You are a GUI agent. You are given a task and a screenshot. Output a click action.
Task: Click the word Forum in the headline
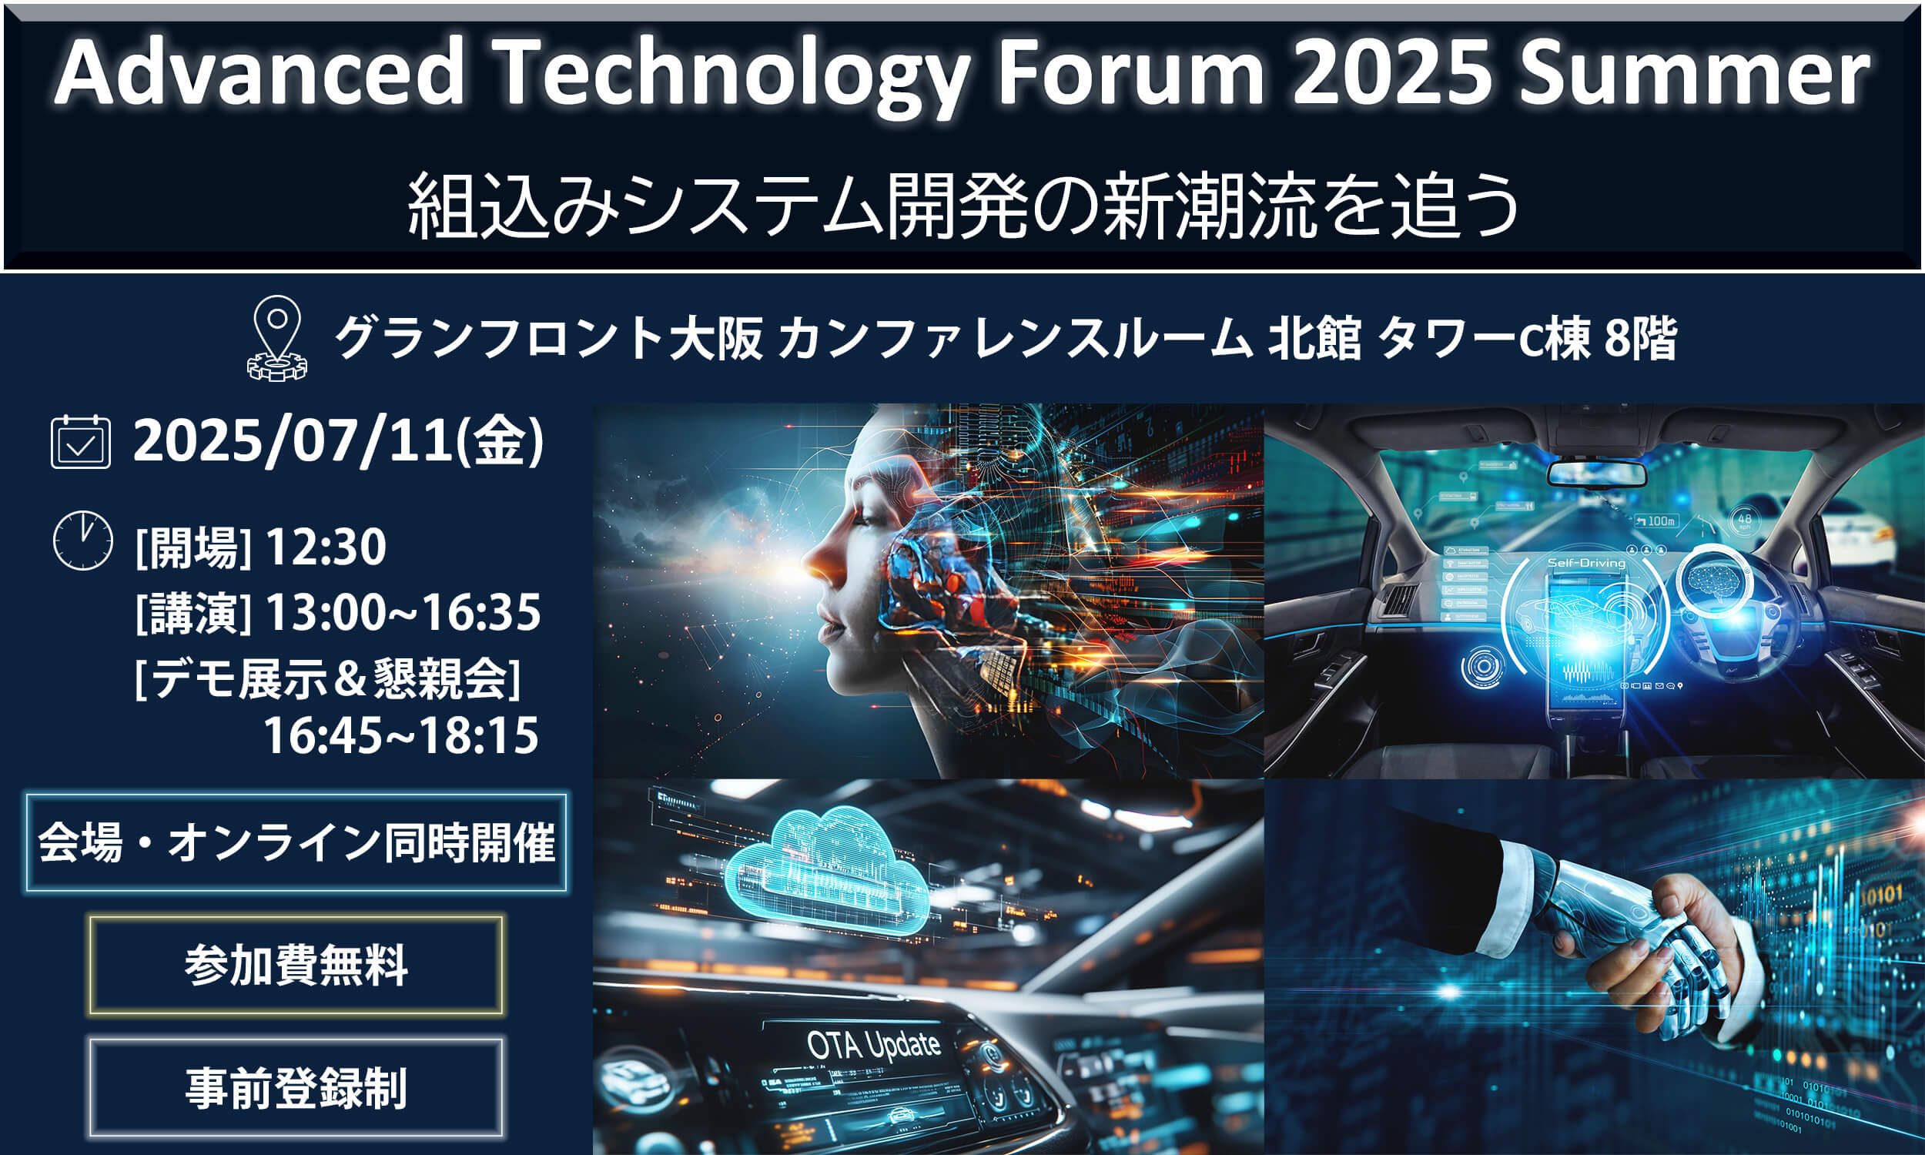[x=1132, y=74]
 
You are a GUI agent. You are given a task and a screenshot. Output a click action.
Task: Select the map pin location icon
[x=277, y=338]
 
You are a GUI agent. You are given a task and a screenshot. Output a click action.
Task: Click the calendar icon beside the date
[x=81, y=442]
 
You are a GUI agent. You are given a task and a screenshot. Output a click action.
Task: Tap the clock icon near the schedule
[x=82, y=541]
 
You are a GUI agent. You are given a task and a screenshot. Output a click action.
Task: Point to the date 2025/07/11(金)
[x=339, y=442]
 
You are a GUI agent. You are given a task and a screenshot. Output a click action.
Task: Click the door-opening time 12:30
[x=325, y=547]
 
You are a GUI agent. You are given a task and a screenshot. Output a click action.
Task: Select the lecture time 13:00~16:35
[x=403, y=612]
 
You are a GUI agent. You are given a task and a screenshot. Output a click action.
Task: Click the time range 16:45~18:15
[x=400, y=735]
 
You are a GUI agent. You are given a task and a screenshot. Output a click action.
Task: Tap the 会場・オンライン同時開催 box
[x=296, y=843]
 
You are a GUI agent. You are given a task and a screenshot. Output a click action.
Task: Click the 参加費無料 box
[x=296, y=965]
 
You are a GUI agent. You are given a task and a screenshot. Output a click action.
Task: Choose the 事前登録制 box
[x=296, y=1087]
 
